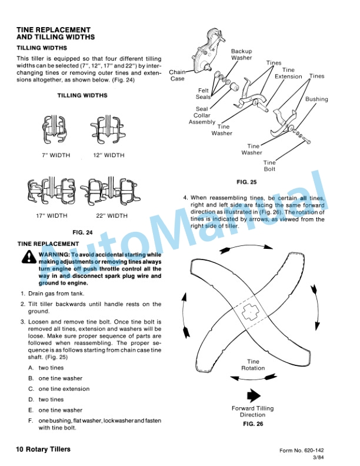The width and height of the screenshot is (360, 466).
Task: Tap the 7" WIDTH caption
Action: coord(56,156)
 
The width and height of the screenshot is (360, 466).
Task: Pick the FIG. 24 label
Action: coord(82,232)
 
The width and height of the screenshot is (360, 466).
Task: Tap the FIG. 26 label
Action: coord(253,424)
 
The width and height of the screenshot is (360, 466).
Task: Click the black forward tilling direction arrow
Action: coord(253,395)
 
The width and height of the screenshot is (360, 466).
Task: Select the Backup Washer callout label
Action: coord(241,55)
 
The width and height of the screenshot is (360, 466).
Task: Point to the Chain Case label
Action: coord(178,75)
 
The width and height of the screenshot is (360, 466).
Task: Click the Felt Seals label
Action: coord(203,94)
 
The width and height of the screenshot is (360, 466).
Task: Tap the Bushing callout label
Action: coord(316,99)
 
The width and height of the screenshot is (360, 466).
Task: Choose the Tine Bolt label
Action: coord(269,167)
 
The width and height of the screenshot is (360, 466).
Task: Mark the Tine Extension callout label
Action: coord(288,73)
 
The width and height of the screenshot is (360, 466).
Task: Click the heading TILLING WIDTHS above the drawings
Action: coord(82,95)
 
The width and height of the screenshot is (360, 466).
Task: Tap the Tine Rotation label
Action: coord(253,365)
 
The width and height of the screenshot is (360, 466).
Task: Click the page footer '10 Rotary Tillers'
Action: coord(44,450)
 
